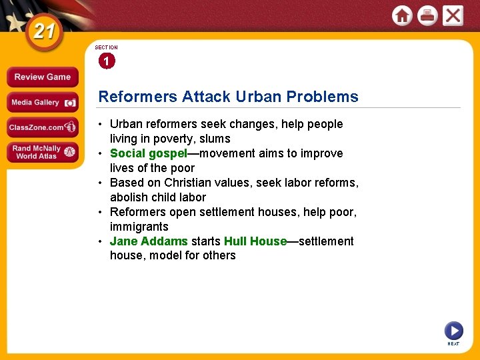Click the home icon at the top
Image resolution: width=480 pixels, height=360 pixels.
pyautogui.click(x=402, y=15)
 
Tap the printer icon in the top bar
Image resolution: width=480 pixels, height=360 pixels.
pyautogui.click(x=427, y=15)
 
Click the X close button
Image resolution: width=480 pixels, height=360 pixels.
pyautogui.click(x=453, y=15)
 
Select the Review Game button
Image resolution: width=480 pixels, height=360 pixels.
pyautogui.click(x=42, y=77)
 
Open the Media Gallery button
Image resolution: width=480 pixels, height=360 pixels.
pyautogui.click(x=42, y=103)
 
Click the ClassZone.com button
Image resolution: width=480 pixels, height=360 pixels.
pyautogui.click(x=42, y=127)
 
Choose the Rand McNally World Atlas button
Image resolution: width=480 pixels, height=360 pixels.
pyautogui.click(x=42, y=152)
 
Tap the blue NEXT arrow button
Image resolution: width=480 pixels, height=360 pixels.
pyautogui.click(x=453, y=331)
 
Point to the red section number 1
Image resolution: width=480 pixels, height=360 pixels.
pyautogui.click(x=106, y=61)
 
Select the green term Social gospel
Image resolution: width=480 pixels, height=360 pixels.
pyautogui.click(x=148, y=153)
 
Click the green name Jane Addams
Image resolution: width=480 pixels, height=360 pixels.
pyautogui.click(x=149, y=241)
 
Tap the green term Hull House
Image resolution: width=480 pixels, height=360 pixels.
pyautogui.click(x=255, y=241)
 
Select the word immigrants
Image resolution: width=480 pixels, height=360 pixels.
pyautogui.click(x=139, y=227)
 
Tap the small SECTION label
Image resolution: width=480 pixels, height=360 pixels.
pyautogui.click(x=106, y=48)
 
